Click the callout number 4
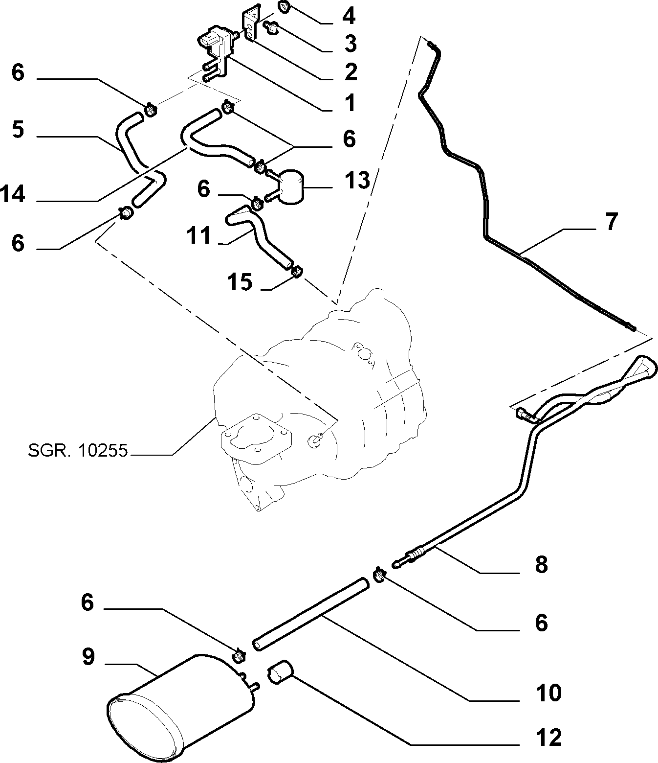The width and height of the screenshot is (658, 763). coord(349,16)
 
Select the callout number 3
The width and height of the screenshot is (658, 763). coord(350,43)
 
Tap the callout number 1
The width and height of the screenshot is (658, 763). coord(350,103)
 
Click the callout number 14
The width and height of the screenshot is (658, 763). coord(13,194)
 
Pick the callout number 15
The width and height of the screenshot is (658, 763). coord(240,282)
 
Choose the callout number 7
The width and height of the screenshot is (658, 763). coord(611,222)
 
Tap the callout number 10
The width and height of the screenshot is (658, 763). coord(548,693)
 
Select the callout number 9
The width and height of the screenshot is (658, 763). coord(88,657)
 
